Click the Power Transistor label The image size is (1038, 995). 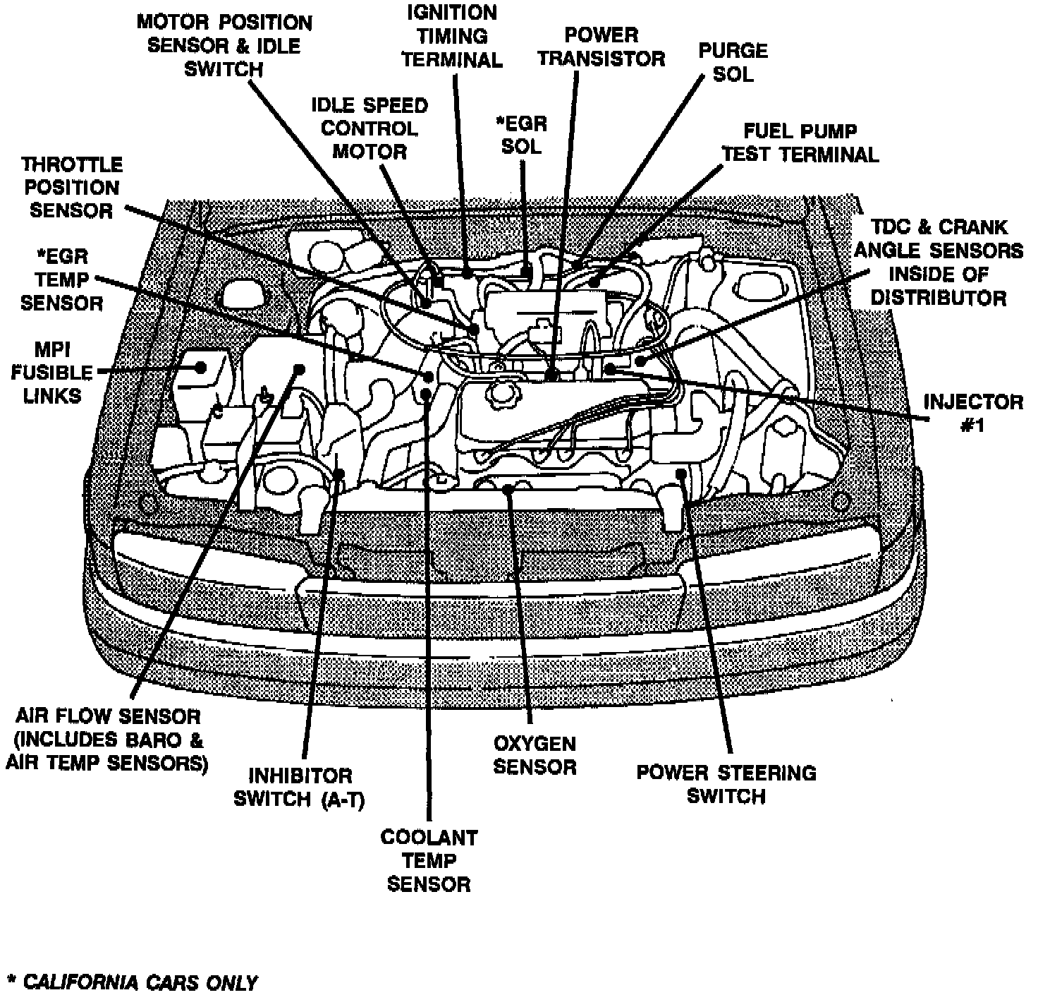(602, 46)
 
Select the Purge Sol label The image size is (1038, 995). (733, 62)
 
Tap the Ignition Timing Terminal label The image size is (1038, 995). (452, 36)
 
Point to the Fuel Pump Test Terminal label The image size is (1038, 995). (801, 143)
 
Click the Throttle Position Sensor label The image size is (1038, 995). (71, 188)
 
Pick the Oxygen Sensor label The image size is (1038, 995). (535, 755)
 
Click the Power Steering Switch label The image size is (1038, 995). (726, 784)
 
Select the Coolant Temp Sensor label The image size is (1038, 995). (429, 860)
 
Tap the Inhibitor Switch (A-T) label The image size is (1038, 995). (300, 788)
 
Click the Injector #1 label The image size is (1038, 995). (972, 414)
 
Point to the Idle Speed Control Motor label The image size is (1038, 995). (370, 128)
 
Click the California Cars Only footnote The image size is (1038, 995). (132, 982)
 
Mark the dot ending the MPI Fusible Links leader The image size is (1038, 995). (201, 368)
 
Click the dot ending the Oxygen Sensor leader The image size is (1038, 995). (508, 488)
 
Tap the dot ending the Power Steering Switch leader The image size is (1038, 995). (680, 474)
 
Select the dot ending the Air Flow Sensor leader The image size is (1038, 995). (299, 369)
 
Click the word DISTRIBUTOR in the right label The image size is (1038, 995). (939, 297)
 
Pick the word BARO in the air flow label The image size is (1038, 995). (167, 740)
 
